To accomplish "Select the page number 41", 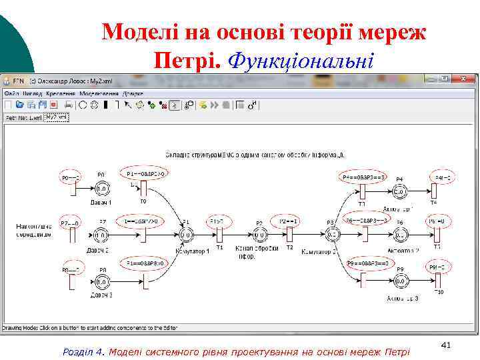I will (x=447, y=345).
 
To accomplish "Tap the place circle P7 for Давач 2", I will (x=101, y=234).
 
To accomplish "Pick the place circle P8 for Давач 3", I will (x=102, y=282).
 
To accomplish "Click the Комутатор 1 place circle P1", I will (x=186, y=234).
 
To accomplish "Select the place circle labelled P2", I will (x=259, y=235).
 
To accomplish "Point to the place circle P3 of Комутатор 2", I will (x=331, y=234).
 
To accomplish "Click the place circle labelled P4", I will (x=399, y=192).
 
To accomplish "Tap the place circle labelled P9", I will (x=399, y=282).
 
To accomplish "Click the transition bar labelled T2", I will (x=289, y=235).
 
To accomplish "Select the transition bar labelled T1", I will (x=219, y=235).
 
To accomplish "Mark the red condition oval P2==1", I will (x=289, y=221).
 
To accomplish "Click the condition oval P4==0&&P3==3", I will (x=363, y=177).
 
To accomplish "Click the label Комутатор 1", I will (x=193, y=251).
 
